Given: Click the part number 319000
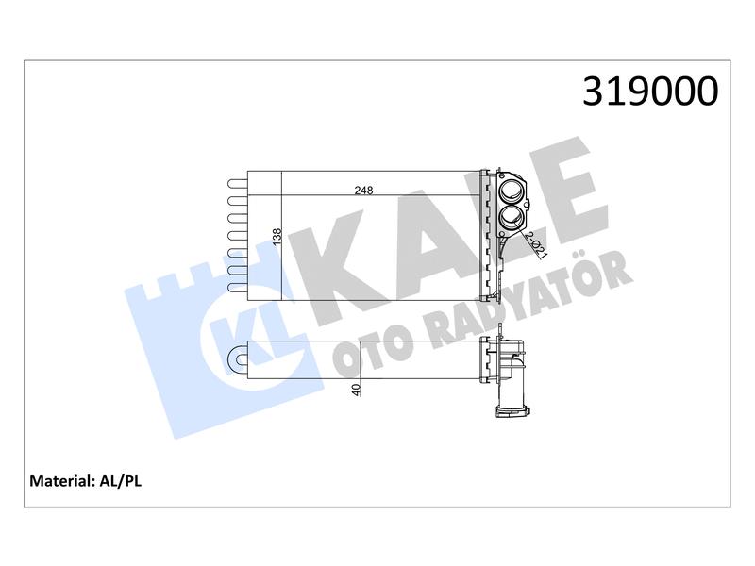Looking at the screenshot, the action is coord(650,91).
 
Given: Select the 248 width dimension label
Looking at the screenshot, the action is coord(363,191).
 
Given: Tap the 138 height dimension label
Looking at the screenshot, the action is coord(277,237).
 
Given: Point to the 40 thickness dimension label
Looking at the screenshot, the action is coord(356,390).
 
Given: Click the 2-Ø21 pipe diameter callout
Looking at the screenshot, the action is coord(535,245).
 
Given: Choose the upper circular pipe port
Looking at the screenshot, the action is coord(510,190).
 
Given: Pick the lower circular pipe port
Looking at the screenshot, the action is coord(510,218).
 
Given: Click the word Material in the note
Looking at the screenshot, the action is coord(61,481).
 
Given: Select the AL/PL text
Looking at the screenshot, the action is coord(121,481).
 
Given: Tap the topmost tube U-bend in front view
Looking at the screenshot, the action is coord(237,184).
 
